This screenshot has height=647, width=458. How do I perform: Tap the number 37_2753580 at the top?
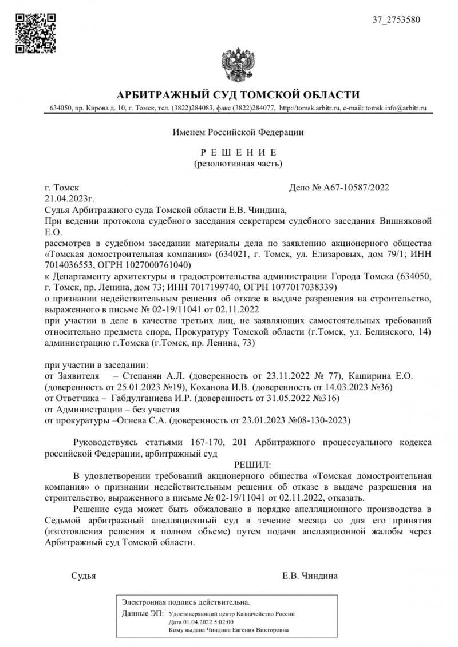click(396, 19)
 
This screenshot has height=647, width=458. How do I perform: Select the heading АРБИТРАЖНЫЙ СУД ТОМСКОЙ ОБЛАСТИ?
click(238, 95)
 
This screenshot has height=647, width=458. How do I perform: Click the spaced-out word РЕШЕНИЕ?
click(238, 152)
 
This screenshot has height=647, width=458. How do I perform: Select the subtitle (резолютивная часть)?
click(238, 164)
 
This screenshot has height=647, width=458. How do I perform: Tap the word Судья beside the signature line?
click(84, 575)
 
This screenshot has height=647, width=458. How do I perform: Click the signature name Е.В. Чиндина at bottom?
click(310, 575)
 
